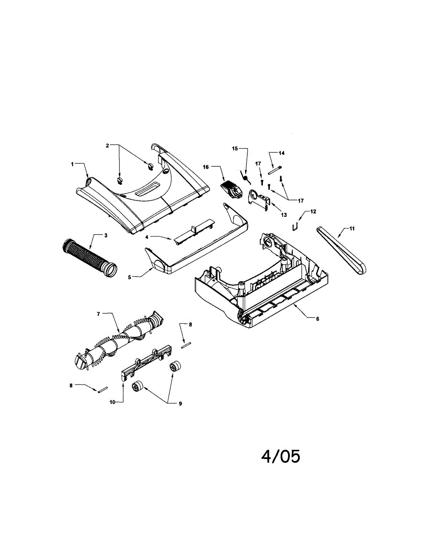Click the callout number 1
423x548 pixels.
[72, 164]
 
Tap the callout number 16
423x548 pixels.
[206, 168]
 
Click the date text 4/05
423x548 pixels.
[281, 456]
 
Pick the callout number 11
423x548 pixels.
[352, 228]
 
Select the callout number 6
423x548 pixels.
[317, 319]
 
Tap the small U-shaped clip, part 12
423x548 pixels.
[296, 226]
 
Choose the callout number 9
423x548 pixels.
[180, 404]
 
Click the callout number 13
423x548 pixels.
[284, 215]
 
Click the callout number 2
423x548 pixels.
[107, 146]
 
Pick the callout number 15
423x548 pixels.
[235, 148]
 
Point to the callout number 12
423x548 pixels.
[313, 211]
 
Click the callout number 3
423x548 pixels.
[105, 235]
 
